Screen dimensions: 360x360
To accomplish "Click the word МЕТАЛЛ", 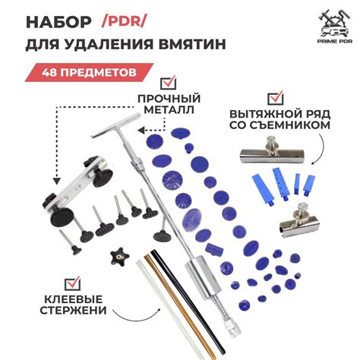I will click(166, 110).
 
